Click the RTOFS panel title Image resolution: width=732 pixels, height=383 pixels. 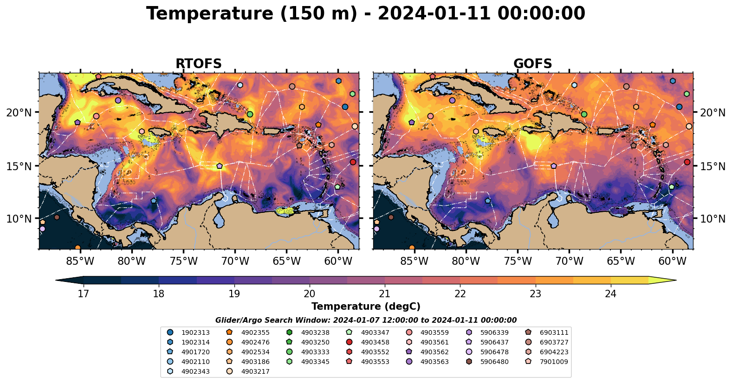[x=198, y=64]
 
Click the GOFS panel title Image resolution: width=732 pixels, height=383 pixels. [x=532, y=64]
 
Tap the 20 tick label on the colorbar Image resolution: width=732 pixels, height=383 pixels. [x=309, y=294]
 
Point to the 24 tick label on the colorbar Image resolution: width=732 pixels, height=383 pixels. [x=610, y=294]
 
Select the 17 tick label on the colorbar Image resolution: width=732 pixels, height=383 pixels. [x=83, y=294]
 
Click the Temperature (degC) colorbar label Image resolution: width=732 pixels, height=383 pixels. [x=366, y=306]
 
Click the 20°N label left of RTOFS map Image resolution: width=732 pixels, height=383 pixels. [x=19, y=113]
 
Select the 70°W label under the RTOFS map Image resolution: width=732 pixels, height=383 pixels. [x=235, y=262]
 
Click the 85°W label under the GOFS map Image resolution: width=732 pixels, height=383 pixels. [x=414, y=262]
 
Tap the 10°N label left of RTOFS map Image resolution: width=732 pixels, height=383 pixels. [x=19, y=219]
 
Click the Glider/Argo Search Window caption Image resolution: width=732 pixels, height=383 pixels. [x=366, y=320]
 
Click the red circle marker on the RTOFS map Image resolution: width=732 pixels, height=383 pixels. [x=353, y=162]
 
